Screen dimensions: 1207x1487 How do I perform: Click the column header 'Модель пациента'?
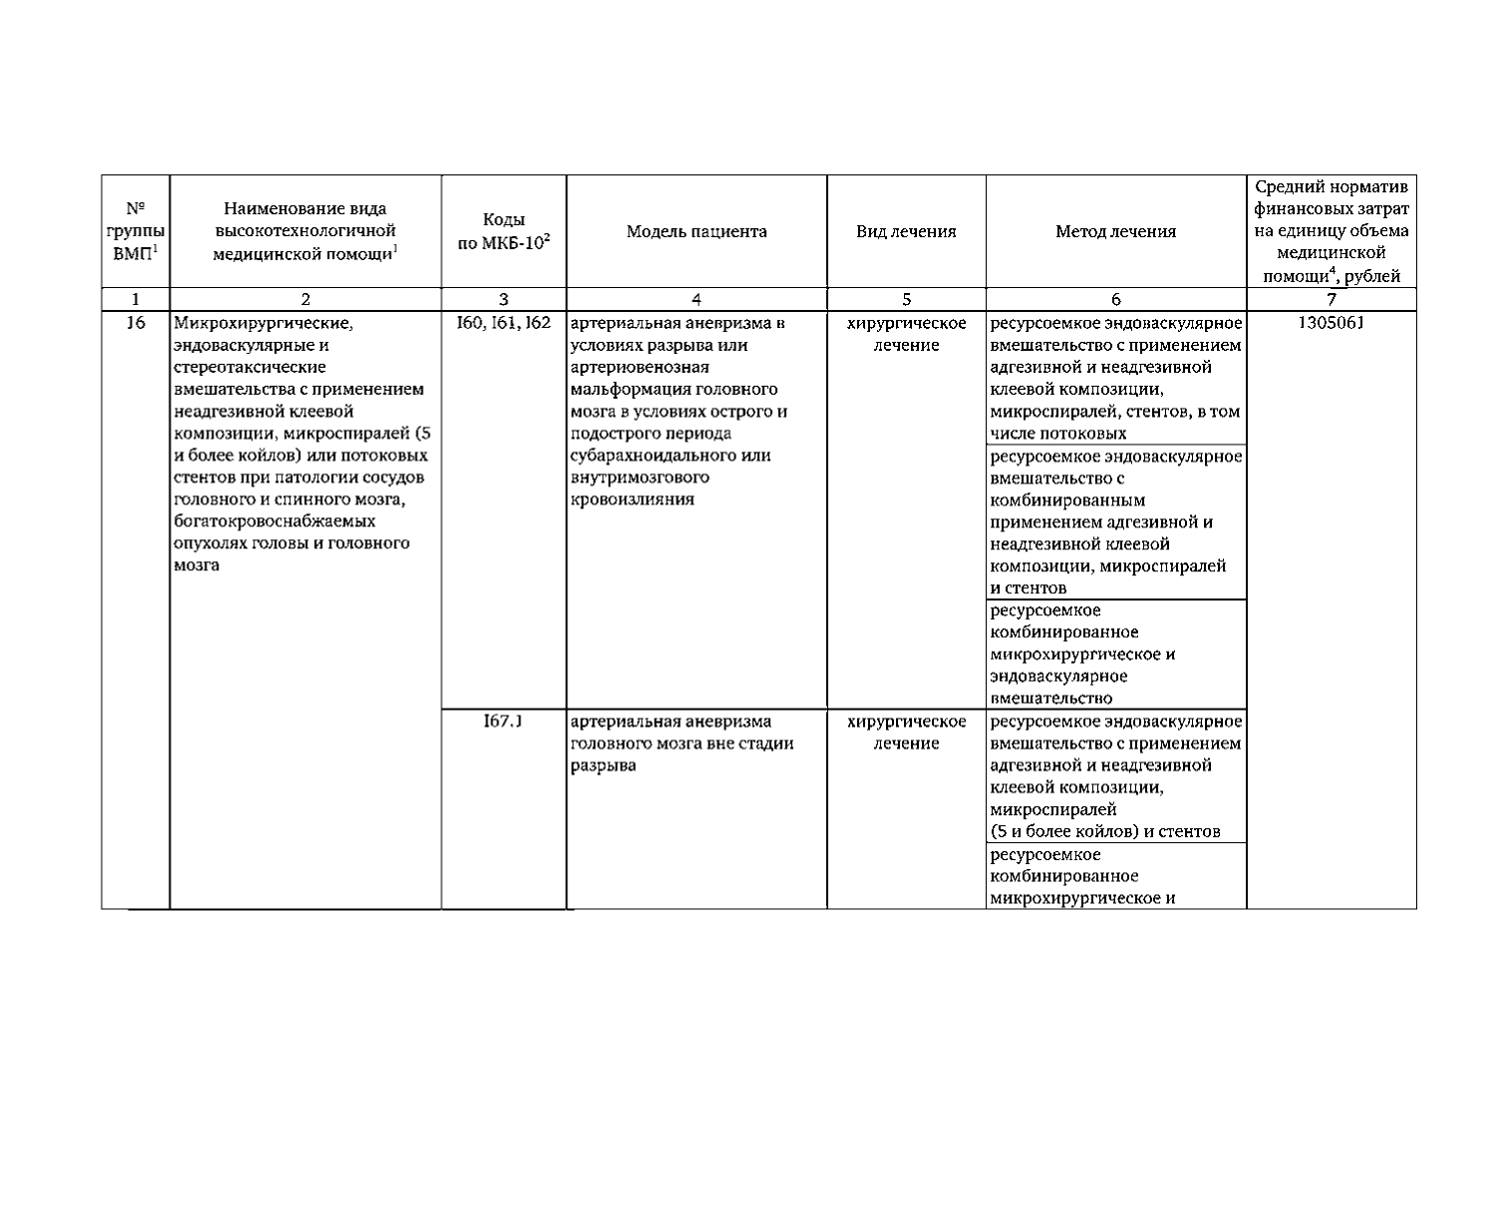point(697,232)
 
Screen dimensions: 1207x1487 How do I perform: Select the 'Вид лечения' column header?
point(906,232)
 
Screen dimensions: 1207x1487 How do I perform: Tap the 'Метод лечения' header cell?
point(1115,232)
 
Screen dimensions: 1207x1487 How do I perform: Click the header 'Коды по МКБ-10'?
point(503,232)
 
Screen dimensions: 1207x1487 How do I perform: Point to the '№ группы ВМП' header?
point(136,232)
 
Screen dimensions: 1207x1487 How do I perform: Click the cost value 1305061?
point(1331,323)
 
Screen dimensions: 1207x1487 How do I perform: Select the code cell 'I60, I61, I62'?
point(503,323)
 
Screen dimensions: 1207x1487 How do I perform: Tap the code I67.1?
point(503,722)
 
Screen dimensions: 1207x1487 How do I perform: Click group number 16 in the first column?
point(136,323)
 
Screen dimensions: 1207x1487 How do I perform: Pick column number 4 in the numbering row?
point(697,299)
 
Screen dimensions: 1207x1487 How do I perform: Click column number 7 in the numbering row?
point(1331,299)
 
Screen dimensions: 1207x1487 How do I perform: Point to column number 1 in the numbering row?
point(136,299)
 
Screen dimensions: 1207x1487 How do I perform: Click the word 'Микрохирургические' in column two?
point(263,323)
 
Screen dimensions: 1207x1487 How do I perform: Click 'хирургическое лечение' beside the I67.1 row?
point(906,733)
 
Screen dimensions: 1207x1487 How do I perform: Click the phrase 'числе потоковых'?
point(1058,434)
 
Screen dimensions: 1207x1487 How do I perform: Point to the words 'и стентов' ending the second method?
point(1029,588)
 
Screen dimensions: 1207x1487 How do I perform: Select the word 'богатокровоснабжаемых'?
point(274,521)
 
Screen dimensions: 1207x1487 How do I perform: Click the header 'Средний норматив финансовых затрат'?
point(1331,198)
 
